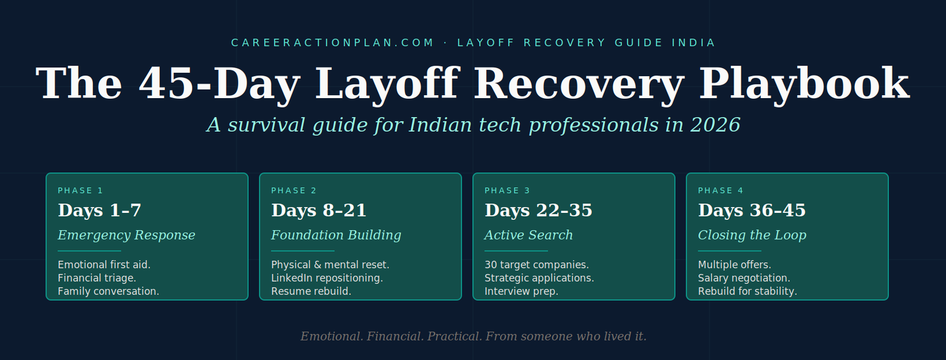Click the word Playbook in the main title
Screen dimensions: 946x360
click(804, 85)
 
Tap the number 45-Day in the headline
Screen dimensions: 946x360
click(219, 85)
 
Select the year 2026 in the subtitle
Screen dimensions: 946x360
click(715, 125)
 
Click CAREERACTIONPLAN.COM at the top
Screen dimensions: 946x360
click(332, 43)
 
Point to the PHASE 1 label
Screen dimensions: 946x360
click(80, 190)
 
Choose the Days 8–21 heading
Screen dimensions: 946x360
click(319, 210)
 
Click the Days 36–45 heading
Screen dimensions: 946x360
click(751, 210)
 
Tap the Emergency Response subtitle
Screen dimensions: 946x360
click(127, 235)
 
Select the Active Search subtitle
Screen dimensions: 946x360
click(529, 235)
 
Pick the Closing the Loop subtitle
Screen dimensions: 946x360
click(752, 235)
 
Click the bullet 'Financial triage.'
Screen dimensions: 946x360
click(97, 278)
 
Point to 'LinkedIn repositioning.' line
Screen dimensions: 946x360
click(327, 278)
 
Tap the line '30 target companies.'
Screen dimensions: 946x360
click(536, 265)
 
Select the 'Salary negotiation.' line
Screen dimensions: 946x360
click(744, 278)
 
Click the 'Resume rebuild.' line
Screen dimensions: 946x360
click(311, 291)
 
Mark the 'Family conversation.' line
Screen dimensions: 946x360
click(109, 291)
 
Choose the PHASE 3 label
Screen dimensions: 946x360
click(507, 190)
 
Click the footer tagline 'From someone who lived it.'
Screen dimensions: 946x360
click(566, 336)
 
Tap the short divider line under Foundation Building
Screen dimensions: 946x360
click(303, 251)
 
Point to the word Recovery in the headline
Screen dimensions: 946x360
click(579, 85)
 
